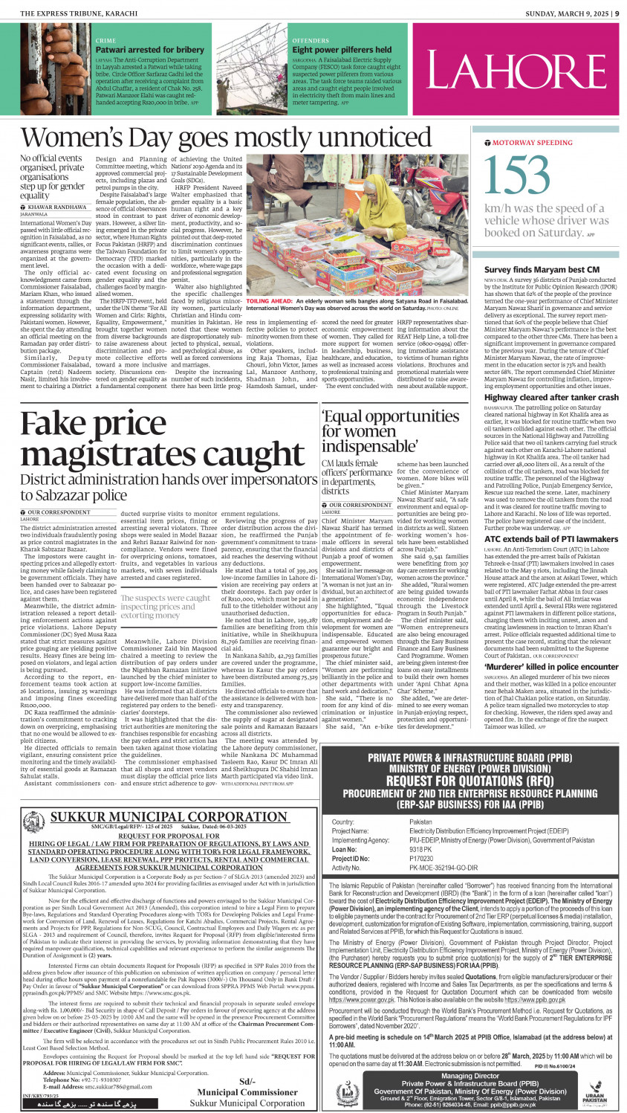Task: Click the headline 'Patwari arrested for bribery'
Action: click(149, 50)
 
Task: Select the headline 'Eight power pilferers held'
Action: click(342, 50)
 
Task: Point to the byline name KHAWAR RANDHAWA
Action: click(57, 207)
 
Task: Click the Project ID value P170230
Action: click(421, 858)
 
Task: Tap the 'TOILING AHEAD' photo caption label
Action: click(268, 301)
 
